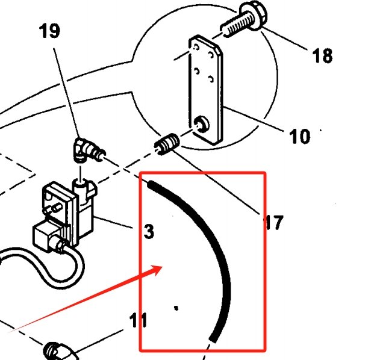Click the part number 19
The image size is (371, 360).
50,31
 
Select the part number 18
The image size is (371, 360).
322,56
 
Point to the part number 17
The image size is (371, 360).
272,223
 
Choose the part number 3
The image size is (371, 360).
149,231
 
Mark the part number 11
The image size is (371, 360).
138,320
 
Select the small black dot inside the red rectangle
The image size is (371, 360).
176,308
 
